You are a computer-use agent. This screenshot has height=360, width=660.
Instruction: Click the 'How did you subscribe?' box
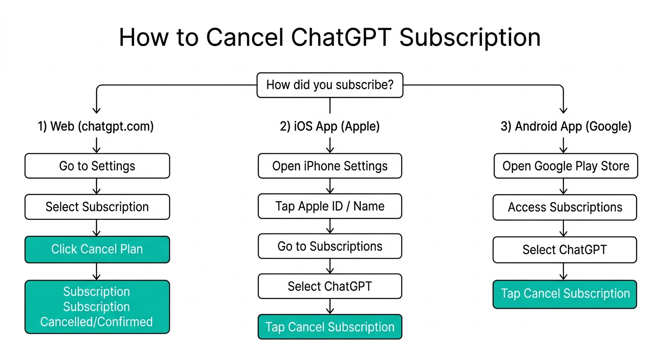(x=330, y=85)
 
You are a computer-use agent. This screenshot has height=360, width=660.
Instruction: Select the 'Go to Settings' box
(x=97, y=166)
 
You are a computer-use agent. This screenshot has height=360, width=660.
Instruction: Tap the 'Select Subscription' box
(x=97, y=207)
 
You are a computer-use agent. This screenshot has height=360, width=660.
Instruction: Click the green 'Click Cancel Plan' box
(x=97, y=249)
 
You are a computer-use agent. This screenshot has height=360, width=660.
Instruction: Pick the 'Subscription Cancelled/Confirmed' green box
(x=97, y=307)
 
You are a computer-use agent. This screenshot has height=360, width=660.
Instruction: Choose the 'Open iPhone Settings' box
(x=330, y=166)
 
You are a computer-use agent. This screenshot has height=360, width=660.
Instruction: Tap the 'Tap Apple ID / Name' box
(x=330, y=206)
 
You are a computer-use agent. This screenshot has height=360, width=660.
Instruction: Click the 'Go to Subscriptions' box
(x=330, y=246)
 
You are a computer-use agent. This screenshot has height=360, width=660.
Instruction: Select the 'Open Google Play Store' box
(x=566, y=166)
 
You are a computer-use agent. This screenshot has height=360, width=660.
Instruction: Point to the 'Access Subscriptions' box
(x=565, y=207)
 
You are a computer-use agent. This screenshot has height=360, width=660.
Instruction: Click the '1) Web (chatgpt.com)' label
(x=96, y=127)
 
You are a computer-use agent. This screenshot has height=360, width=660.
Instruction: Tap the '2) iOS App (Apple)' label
(x=330, y=127)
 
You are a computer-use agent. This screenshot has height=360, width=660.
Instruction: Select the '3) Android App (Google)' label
(x=566, y=127)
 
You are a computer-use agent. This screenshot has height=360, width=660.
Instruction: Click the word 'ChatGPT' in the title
(x=341, y=37)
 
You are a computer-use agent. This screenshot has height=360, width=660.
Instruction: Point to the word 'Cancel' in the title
(x=245, y=37)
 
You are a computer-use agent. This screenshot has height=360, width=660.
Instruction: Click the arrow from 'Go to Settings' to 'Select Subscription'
(x=97, y=186)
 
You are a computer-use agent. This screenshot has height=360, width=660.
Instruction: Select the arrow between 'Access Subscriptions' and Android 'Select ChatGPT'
(x=563, y=228)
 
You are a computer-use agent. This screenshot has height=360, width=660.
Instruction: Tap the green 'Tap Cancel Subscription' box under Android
(x=565, y=294)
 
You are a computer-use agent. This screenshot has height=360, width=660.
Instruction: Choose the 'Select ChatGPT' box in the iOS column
(x=330, y=286)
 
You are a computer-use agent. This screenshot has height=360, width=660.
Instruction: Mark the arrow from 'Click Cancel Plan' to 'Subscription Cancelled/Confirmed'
(x=97, y=271)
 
